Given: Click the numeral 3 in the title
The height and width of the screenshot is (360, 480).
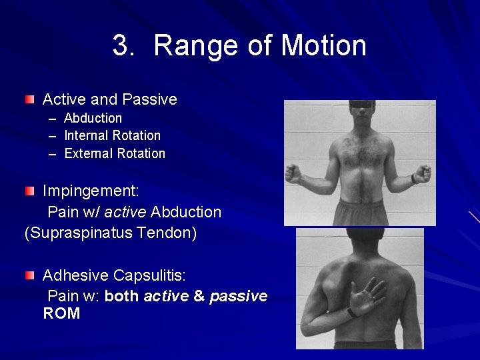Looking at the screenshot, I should (x=121, y=46).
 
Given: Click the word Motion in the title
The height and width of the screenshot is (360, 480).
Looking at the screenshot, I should (x=323, y=46).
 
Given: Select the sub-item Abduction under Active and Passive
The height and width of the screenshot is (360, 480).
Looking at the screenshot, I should (x=93, y=118).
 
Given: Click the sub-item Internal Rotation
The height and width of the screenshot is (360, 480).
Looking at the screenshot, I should (x=112, y=135).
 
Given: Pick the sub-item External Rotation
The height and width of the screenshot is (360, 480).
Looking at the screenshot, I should (x=114, y=153).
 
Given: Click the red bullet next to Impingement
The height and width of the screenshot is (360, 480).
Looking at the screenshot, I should (x=29, y=191).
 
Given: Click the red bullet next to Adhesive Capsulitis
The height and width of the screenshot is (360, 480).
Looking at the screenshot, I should (x=29, y=275).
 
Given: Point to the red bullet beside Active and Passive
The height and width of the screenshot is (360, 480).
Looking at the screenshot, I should (x=29, y=100).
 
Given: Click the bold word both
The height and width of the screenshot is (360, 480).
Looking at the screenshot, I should (x=122, y=296).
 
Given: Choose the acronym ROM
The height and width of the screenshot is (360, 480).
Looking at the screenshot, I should (x=61, y=314).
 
